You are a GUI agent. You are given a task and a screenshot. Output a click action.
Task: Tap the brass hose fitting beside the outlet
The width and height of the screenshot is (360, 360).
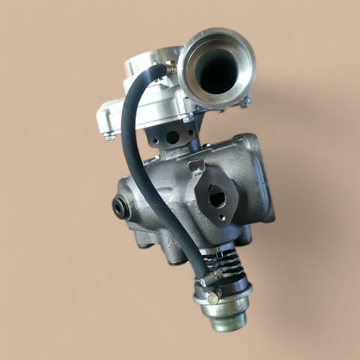tap(172, 68)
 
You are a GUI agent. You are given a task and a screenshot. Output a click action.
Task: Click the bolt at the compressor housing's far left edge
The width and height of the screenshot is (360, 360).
tap(109, 136)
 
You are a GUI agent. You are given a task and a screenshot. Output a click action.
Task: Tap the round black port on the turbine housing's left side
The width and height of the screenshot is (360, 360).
tap(120, 206)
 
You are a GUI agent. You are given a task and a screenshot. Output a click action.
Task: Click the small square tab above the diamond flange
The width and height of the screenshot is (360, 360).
tap(196, 166)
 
